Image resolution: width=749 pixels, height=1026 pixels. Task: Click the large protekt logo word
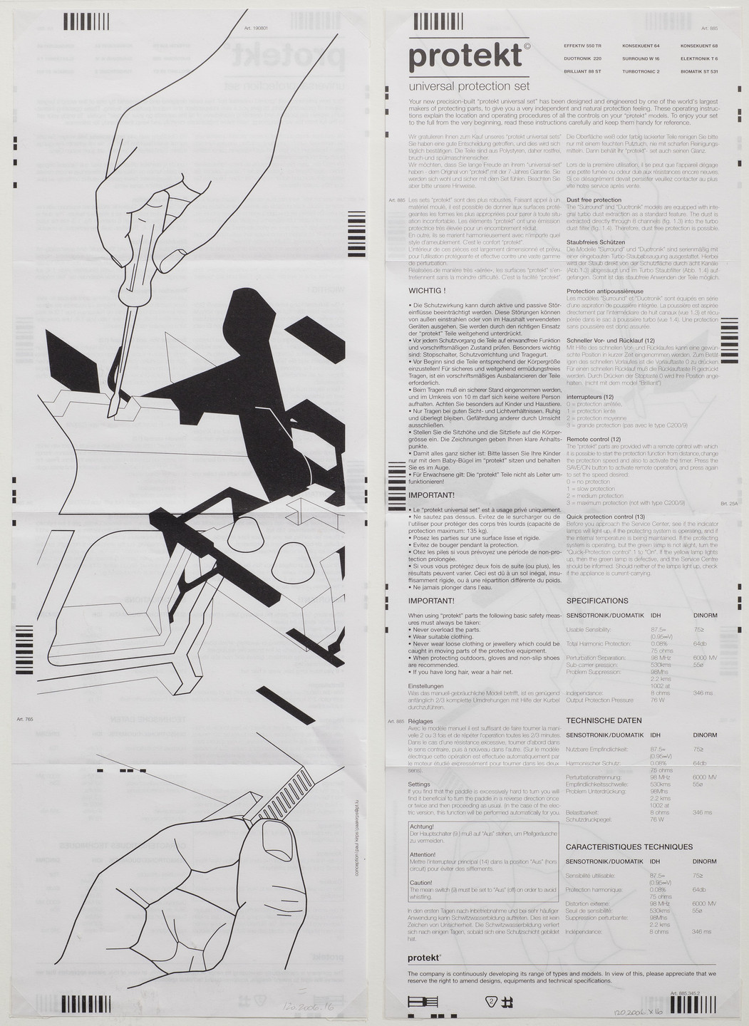tap(465, 56)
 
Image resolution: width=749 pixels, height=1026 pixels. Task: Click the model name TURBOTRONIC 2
tap(641, 72)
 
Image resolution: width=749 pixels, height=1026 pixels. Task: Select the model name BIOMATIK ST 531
tap(698, 72)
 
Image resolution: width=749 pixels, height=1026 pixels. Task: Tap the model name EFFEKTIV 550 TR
tap(582, 46)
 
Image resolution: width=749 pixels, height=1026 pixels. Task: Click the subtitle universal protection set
tap(468, 86)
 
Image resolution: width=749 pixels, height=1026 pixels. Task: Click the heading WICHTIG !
tap(427, 291)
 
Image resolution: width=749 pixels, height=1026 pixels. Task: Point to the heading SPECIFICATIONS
tap(596, 601)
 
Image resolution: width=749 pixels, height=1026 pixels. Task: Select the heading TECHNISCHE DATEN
tap(604, 720)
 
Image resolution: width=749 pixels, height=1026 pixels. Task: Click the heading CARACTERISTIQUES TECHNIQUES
tap(629, 847)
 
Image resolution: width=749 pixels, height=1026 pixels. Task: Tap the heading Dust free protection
tap(594, 200)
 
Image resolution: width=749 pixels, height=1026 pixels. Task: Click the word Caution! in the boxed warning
tap(421, 883)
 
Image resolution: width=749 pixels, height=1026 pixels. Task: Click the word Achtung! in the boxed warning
tap(422, 826)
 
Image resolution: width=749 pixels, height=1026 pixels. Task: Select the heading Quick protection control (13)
tap(605, 517)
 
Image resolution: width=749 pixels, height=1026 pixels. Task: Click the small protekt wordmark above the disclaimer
tap(423, 959)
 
